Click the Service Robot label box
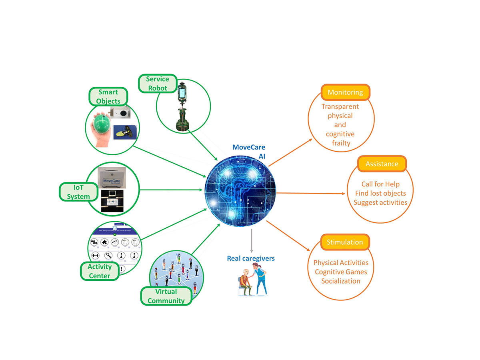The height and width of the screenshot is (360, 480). pos(157,83)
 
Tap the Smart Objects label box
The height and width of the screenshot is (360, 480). pos(108,96)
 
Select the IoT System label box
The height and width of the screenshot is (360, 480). pos(78,192)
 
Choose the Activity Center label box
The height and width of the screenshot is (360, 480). pos(100,271)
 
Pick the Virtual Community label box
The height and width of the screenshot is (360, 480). pos(166,296)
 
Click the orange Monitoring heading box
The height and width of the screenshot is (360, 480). pos(345,92)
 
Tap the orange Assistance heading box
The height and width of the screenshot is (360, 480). pos(382,164)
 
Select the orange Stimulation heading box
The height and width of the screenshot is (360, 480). pos(345,242)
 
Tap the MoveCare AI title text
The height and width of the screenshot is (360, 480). pos(249,152)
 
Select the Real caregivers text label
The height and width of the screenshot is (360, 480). pos(251,258)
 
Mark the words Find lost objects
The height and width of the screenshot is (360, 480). pos(380,193)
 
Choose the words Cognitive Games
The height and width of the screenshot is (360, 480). pos(341,272)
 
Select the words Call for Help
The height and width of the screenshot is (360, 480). pos(380,184)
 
